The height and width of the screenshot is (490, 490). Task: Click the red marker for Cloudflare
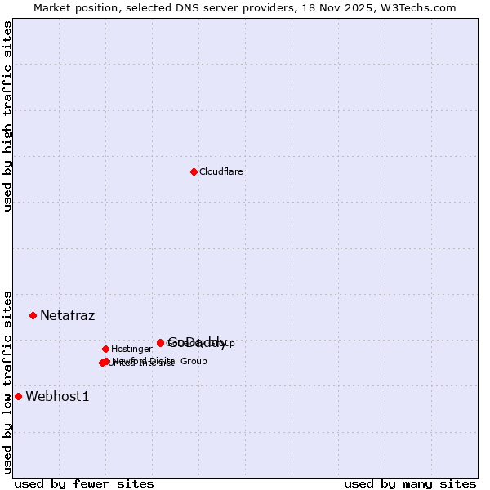coord(194,171)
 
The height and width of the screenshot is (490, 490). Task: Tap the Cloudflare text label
coord(221,172)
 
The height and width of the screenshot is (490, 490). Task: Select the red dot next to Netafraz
coord(33,315)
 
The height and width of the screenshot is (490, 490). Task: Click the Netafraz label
coord(67,315)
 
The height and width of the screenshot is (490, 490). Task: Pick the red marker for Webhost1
coord(18,396)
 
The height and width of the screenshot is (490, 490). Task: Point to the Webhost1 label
coord(57,396)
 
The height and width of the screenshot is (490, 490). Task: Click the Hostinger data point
coord(105,349)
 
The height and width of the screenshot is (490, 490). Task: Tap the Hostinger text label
coord(131,350)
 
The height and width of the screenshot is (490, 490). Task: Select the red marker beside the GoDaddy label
coord(160,343)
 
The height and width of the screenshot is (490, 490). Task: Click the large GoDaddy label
coord(198,342)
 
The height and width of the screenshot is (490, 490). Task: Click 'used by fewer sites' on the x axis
coord(84,483)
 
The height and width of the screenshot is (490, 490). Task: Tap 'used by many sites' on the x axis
coord(410,483)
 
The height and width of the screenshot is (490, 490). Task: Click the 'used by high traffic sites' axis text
coord(7,116)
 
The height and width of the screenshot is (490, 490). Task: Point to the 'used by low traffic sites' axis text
coord(7,382)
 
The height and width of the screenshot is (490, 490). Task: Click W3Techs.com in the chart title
coord(421,8)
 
